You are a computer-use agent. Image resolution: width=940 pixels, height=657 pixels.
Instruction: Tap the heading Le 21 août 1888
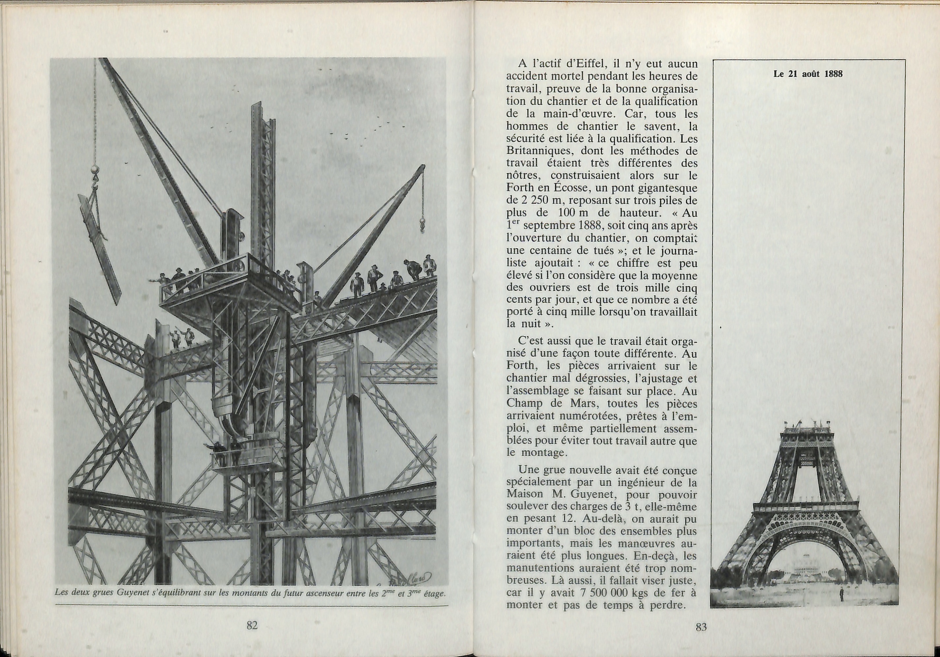point(808,74)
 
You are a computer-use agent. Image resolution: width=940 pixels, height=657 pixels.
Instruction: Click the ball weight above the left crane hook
point(95,169)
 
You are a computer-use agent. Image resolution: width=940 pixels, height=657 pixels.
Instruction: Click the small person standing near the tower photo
point(841,594)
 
